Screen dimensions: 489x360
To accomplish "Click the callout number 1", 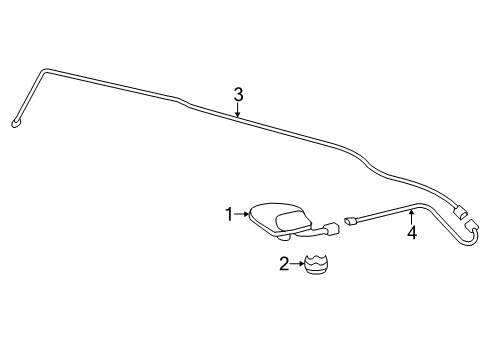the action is (229, 213).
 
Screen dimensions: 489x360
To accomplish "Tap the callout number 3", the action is (239, 95).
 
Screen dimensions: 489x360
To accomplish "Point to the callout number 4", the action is (410, 236).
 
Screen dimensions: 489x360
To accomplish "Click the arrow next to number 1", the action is (241, 213).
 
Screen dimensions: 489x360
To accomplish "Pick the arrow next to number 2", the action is (296, 263).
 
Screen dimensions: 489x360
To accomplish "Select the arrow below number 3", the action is (239, 112).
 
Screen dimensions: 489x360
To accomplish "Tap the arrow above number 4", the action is (410, 215).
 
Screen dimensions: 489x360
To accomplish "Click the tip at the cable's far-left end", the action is (16, 123).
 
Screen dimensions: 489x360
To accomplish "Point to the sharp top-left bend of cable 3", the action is (41, 71).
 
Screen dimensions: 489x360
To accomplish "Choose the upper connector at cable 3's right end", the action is (461, 212).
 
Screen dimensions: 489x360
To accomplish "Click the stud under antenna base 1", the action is (284, 237).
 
